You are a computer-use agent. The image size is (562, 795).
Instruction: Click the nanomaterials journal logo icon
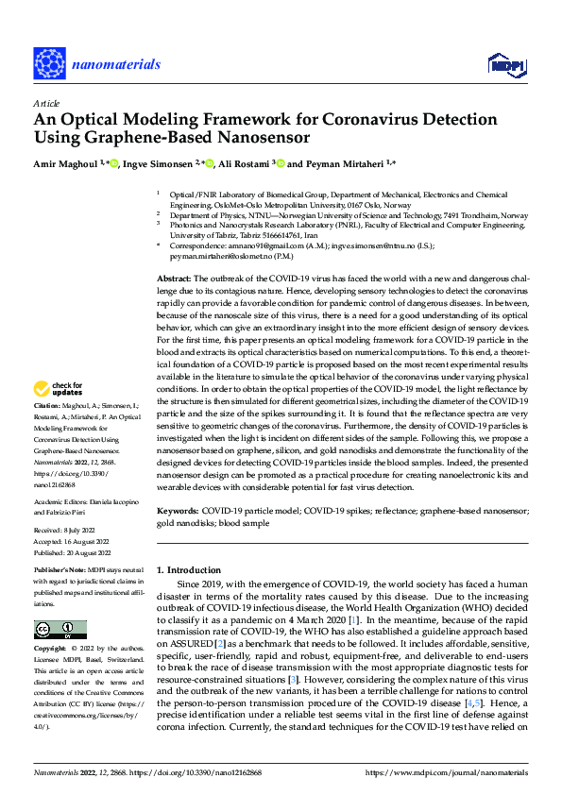[x=48, y=62]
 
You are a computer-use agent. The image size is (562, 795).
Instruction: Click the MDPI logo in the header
[x=502, y=64]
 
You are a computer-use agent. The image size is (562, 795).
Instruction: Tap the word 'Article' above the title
[x=46, y=103]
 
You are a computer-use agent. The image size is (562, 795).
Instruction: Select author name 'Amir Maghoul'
[x=66, y=164]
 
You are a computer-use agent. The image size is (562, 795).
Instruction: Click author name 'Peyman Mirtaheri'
[x=343, y=164]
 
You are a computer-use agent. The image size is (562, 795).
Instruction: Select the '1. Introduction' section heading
[x=192, y=570]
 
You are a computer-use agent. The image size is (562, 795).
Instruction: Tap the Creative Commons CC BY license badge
[x=60, y=630]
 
